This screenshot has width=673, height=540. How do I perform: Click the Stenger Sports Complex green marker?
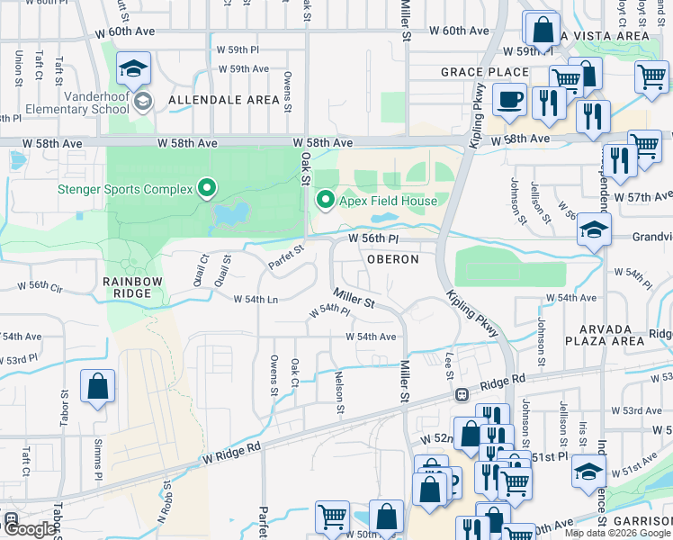tap(208, 189)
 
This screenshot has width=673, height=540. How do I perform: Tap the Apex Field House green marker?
tap(325, 201)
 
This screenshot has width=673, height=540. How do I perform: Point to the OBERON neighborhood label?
tap(392, 259)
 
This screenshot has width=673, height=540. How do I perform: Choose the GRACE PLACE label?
tap(484, 72)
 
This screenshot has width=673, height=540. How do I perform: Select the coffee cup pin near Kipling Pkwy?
tap(510, 99)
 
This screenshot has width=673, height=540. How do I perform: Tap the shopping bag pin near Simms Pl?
tap(98, 387)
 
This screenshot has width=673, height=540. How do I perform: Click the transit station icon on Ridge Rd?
tap(462, 394)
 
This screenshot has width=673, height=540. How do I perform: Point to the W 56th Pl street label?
tap(372, 239)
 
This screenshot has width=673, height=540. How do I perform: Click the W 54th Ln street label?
tap(256, 299)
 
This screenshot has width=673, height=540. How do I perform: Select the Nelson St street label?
tap(340, 393)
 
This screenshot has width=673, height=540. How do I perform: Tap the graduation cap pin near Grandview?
tap(595, 229)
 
